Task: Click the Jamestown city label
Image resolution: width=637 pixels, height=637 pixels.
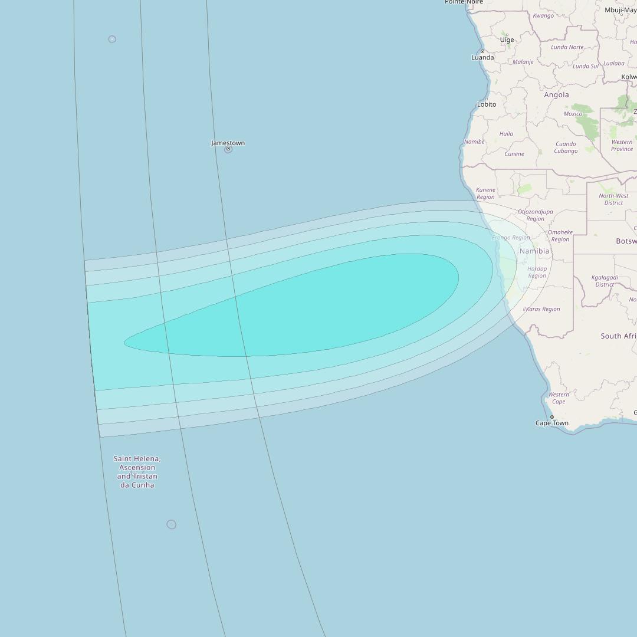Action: point(228,143)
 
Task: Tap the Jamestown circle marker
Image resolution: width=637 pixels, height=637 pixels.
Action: point(228,149)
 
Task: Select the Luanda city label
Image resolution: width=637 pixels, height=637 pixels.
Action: point(482,58)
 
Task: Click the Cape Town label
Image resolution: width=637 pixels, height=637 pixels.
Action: point(552,423)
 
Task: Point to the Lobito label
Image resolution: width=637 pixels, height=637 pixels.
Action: point(487,104)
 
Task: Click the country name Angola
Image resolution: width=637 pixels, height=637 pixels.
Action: point(556,95)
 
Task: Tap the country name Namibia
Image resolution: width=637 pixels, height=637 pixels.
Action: point(534,251)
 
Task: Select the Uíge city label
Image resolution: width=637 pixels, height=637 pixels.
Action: point(507,40)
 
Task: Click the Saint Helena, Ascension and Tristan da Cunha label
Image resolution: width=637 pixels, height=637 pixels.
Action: point(137,472)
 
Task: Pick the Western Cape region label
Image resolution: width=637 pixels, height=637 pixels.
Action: point(559,398)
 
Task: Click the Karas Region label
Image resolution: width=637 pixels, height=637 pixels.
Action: point(543,309)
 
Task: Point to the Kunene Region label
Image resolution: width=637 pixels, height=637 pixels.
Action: point(485,193)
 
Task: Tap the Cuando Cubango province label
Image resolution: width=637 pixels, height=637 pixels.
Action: point(566,147)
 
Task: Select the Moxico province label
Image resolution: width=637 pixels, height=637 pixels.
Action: point(573,114)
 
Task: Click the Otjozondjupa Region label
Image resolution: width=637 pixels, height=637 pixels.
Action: point(536,215)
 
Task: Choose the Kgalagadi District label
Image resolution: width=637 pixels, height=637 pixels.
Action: point(605,281)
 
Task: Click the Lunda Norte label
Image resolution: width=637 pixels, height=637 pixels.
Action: point(567,47)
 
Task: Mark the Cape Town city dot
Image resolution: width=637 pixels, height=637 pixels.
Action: point(552,417)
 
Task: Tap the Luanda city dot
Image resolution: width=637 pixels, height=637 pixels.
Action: point(482,51)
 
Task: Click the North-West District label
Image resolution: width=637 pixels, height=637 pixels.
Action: point(613,199)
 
